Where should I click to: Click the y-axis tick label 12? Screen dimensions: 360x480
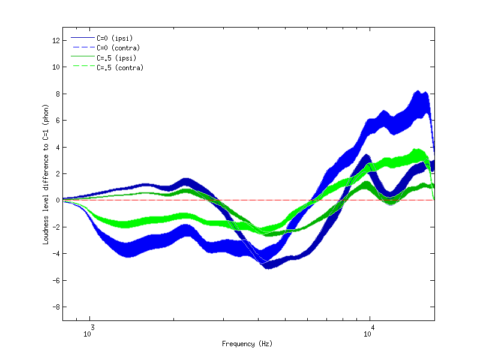coord(55,40)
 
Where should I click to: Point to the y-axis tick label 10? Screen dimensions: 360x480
coord(55,67)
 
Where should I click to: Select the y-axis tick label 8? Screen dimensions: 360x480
coord(57,94)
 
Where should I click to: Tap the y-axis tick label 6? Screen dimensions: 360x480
coord(57,120)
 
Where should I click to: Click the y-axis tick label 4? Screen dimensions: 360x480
coord(57,147)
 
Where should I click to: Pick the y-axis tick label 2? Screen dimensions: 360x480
coord(57,173)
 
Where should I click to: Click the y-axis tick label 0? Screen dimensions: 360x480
coord(57,200)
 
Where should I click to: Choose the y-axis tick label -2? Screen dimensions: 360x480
coord(55,227)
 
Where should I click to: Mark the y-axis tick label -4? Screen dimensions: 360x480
coord(55,253)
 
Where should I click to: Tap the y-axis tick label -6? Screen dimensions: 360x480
coord(55,280)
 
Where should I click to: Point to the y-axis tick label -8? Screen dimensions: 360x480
coord(55,307)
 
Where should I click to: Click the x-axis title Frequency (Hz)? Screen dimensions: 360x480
coord(247,344)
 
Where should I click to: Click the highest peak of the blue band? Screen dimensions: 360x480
coord(418,92)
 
